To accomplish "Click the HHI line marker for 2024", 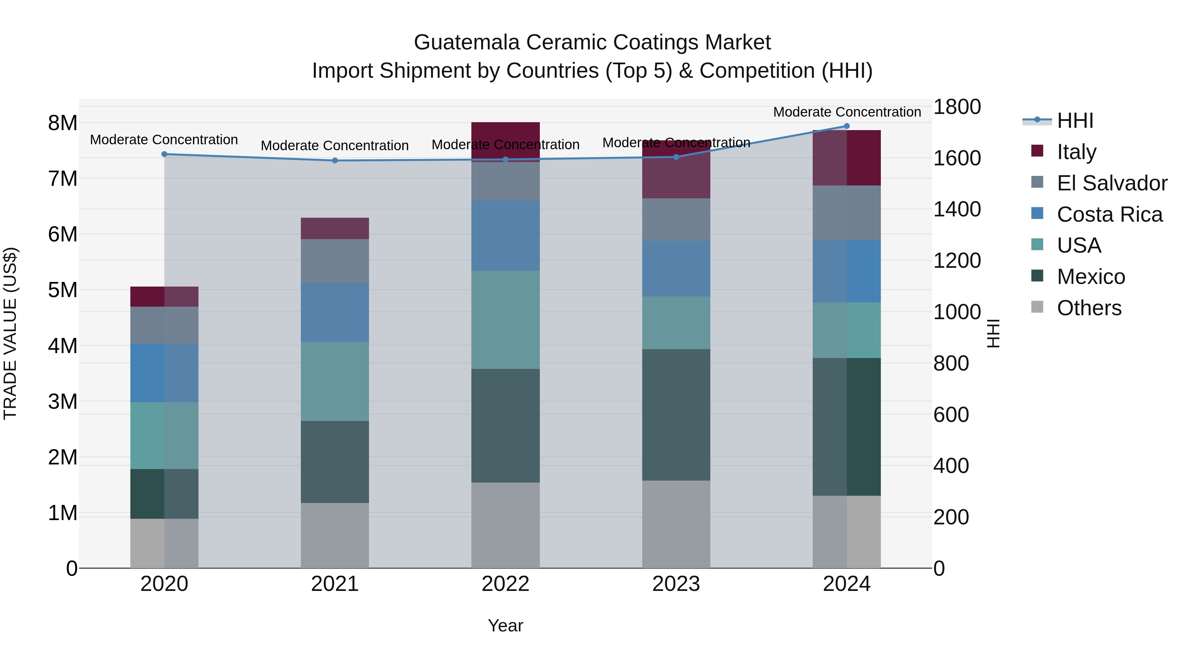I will click(x=846, y=126).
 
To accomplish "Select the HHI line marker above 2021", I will click(x=335, y=161).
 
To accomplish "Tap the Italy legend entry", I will click(x=1076, y=152).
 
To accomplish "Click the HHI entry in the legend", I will click(x=1075, y=121).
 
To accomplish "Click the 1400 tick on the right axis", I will click(x=957, y=209).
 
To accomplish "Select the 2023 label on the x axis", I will click(x=676, y=584).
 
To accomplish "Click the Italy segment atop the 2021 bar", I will click(x=335, y=228).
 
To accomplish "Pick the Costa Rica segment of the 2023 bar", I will click(x=676, y=268).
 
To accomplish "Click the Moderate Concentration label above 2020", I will click(x=164, y=139).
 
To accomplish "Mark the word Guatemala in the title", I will click(x=466, y=42).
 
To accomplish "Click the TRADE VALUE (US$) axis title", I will click(x=10, y=333).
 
